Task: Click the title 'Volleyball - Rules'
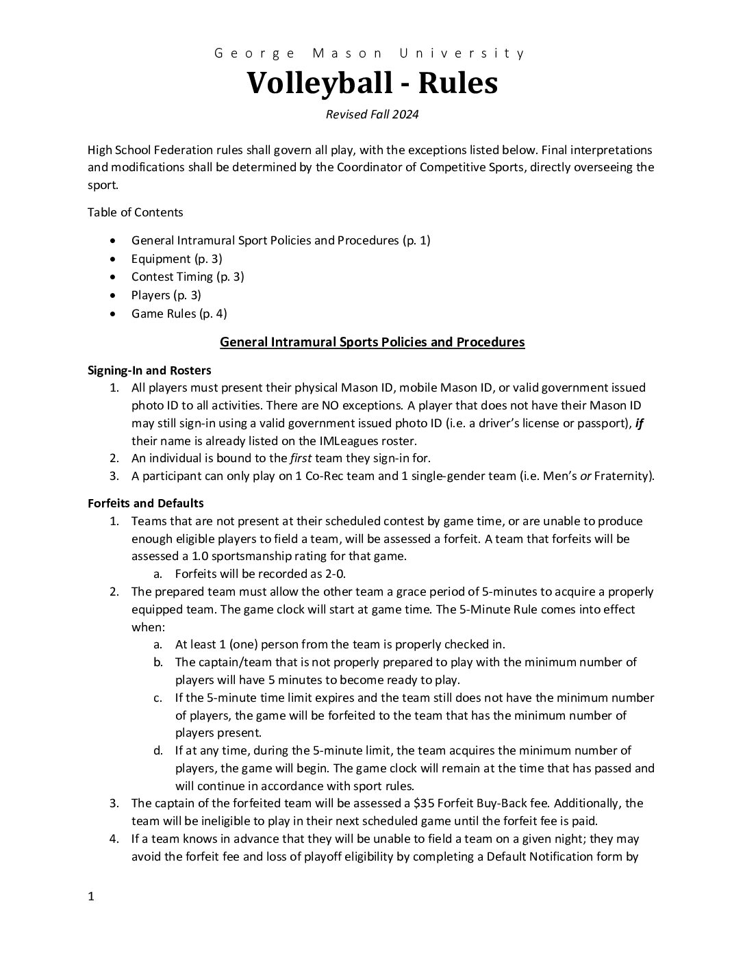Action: click(x=372, y=84)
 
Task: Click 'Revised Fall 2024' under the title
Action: click(x=372, y=114)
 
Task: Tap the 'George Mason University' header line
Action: click(x=370, y=53)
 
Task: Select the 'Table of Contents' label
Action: click(x=135, y=212)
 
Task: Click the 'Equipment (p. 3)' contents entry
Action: click(x=177, y=259)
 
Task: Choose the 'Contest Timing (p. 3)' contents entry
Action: click(x=188, y=277)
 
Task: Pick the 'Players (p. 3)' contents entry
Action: click(x=166, y=295)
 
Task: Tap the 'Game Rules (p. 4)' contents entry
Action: click(x=179, y=314)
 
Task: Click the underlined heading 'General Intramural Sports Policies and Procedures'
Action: click(x=372, y=342)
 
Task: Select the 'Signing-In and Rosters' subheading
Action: click(x=149, y=370)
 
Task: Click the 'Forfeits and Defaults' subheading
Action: click(x=145, y=503)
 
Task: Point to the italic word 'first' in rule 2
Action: click(x=302, y=458)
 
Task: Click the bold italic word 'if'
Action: click(x=640, y=423)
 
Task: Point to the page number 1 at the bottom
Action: click(x=90, y=897)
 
